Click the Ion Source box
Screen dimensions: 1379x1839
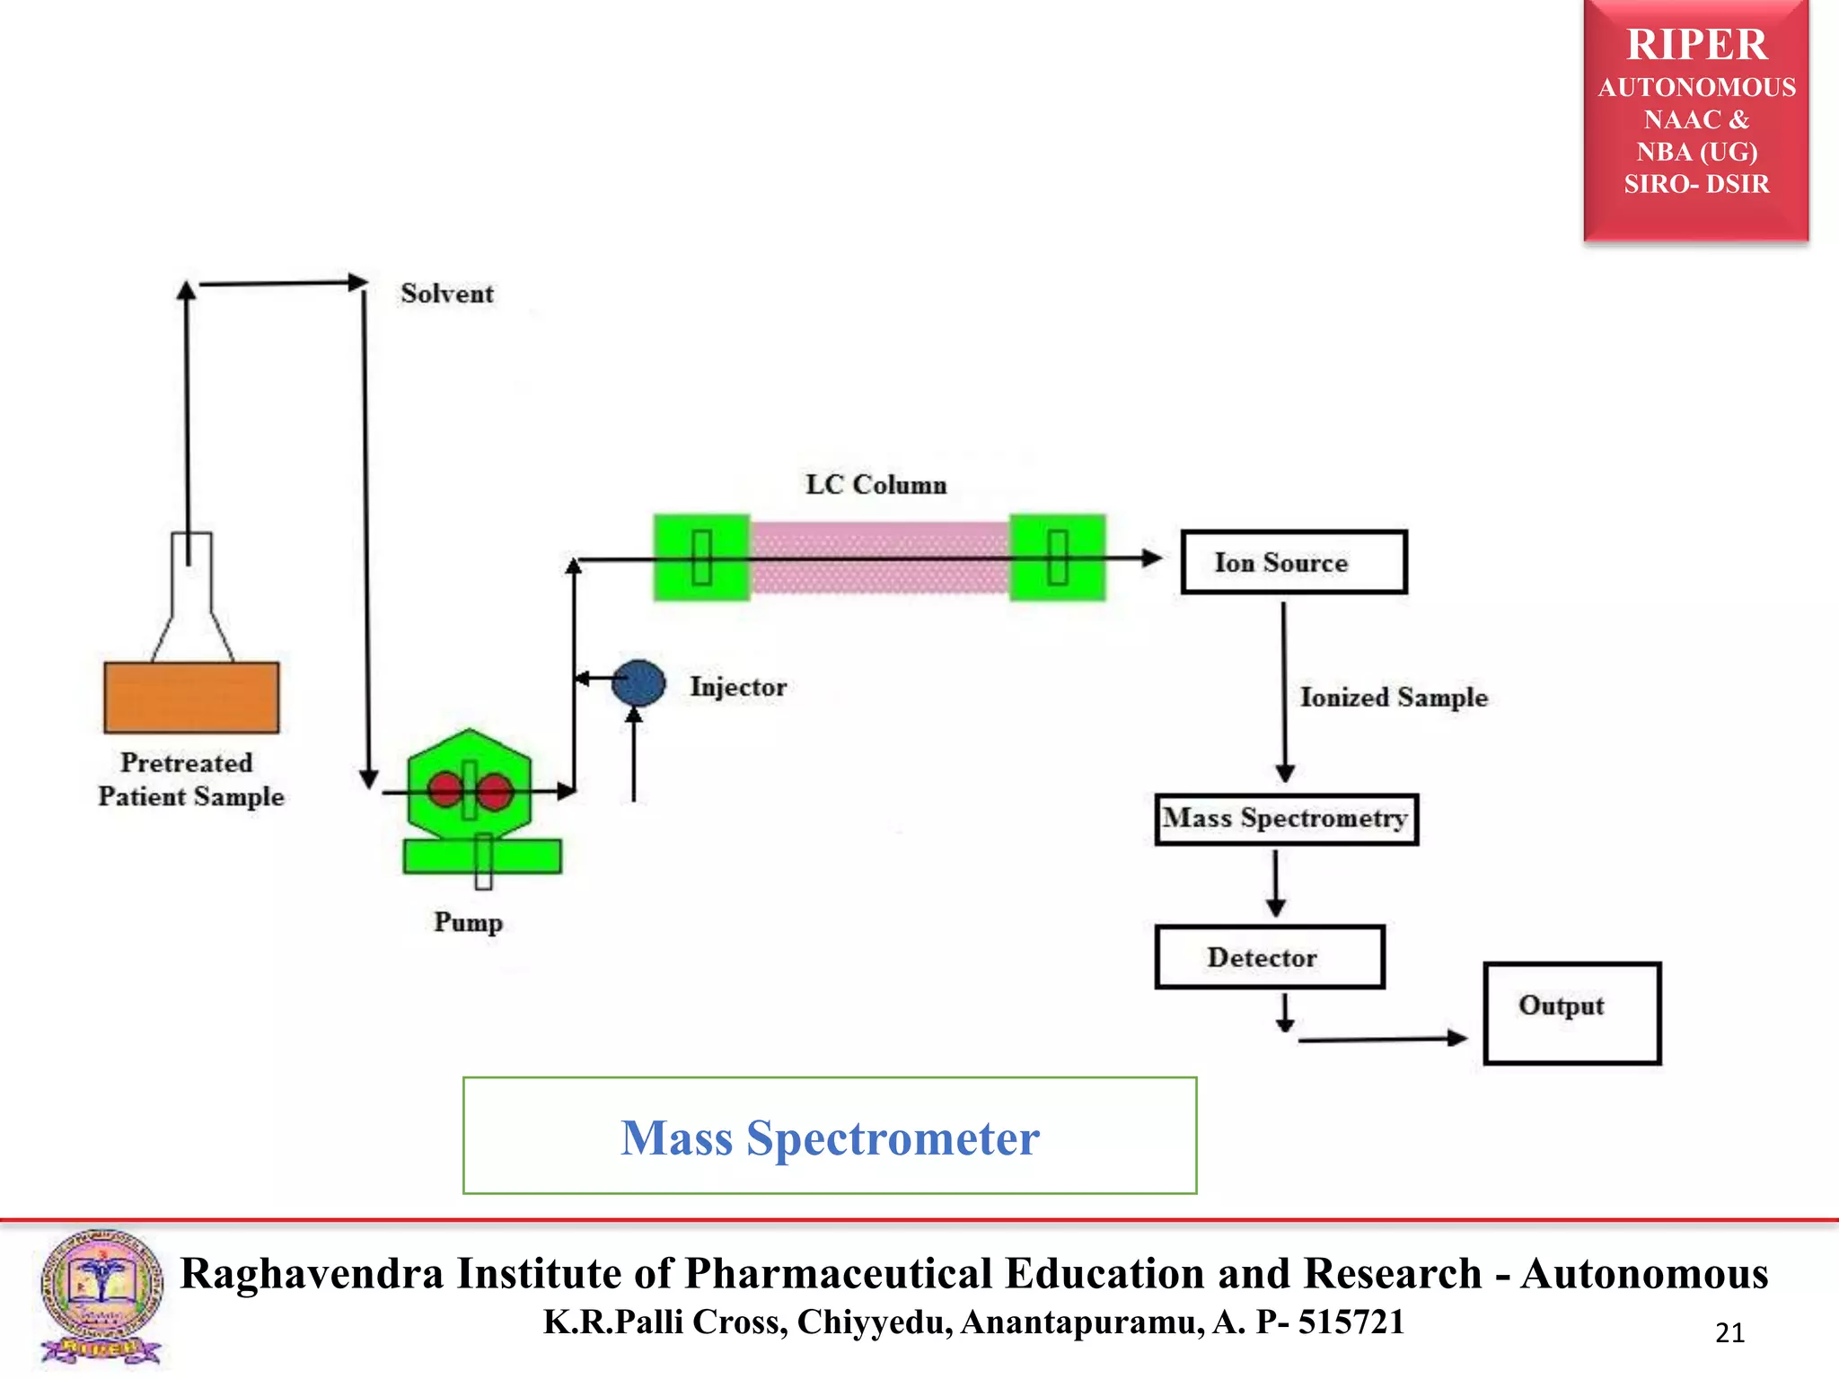click(1293, 562)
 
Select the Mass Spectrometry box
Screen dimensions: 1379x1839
click(1286, 819)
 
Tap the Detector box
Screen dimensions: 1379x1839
click(1269, 957)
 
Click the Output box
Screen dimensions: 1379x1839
click(1571, 1013)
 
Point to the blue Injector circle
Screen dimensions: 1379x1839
click(638, 683)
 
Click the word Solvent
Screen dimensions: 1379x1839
click(446, 294)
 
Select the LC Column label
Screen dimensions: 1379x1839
click(876, 485)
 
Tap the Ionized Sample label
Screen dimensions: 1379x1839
click(1394, 698)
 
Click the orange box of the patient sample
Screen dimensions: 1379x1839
click(191, 698)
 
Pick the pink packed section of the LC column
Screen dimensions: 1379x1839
click(879, 558)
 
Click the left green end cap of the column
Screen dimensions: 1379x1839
click(701, 558)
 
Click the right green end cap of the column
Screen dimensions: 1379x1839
click(1057, 558)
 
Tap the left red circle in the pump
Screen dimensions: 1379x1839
click(445, 790)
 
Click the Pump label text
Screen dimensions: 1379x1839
click(468, 922)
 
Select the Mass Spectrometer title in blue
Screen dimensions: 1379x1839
click(830, 1137)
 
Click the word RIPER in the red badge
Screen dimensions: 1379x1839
click(1696, 45)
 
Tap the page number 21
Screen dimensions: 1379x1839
click(1729, 1333)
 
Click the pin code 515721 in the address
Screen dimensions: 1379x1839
click(1351, 1322)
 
